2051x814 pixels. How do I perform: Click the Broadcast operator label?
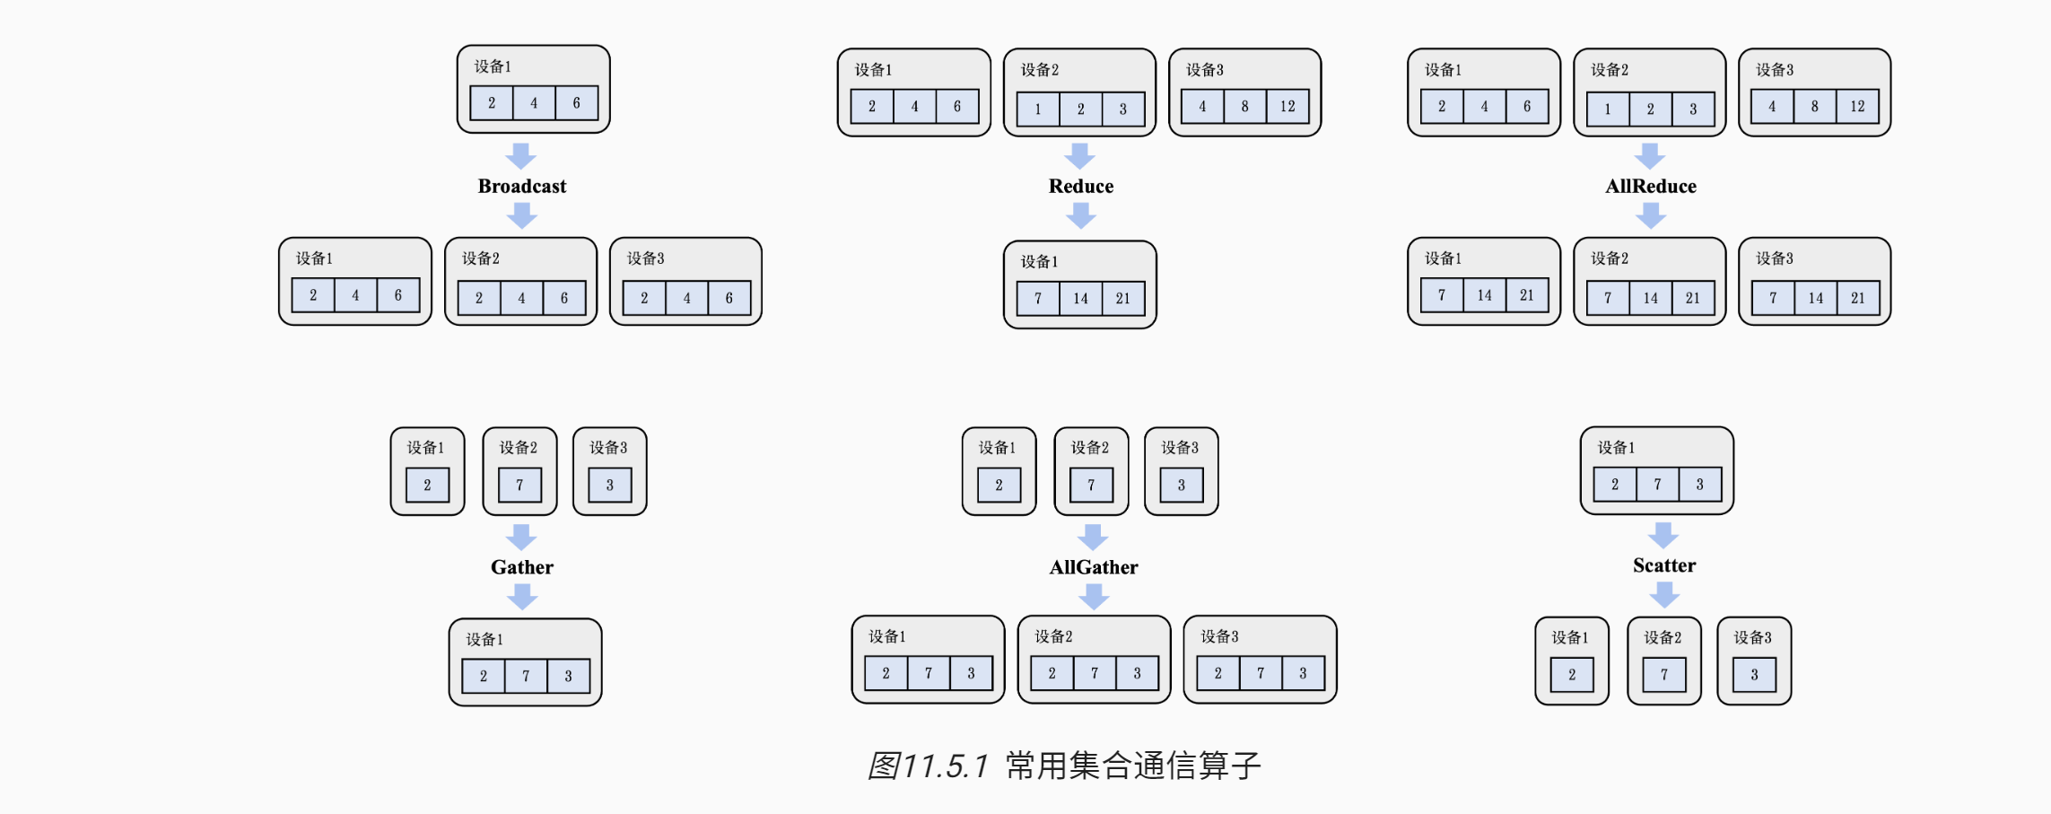pos(522,186)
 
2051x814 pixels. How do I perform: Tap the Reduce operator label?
pos(1081,186)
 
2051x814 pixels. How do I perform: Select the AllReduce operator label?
pos(1651,186)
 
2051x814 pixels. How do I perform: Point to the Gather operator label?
pos(522,566)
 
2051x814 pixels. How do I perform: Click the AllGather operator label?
pos(1094,566)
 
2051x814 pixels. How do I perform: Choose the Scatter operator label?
pos(1664,565)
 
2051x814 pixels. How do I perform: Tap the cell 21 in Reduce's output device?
pos(1122,298)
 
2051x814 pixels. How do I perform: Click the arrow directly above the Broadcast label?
pos(520,155)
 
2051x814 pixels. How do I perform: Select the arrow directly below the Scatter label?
pos(1664,594)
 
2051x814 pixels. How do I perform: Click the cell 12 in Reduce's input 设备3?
pos(1287,106)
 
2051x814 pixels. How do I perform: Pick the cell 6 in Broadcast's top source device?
pos(576,102)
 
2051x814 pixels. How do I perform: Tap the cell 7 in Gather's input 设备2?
pos(519,485)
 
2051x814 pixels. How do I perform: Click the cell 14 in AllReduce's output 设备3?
pos(1815,298)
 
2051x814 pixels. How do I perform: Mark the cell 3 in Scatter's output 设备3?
pos(1754,674)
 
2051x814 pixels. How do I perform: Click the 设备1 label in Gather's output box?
pos(484,639)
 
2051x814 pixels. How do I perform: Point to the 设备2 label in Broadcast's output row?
pos(481,258)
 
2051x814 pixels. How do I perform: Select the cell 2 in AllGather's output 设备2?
pos(1052,672)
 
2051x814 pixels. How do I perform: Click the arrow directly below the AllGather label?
pos(1094,596)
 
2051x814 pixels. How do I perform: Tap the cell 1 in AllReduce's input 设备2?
pos(1607,109)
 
